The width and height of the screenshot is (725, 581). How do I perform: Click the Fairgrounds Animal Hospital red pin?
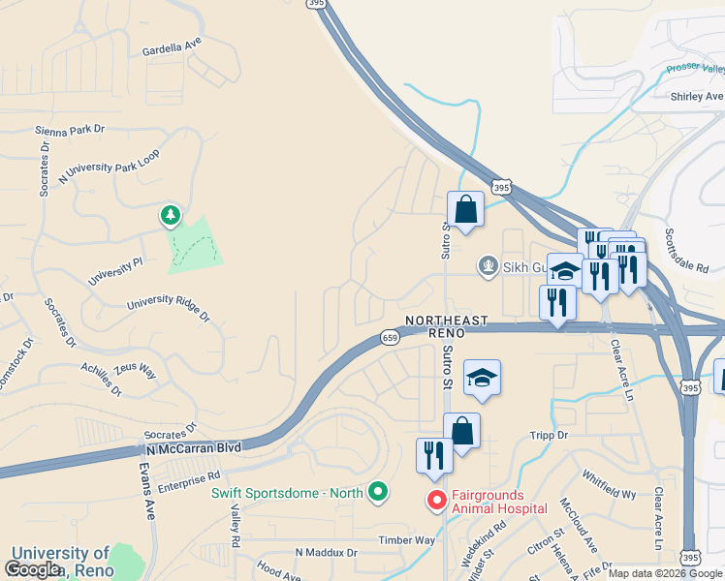[x=437, y=500]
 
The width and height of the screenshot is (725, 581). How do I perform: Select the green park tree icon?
[x=171, y=214]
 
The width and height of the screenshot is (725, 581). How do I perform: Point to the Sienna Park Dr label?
[x=69, y=129]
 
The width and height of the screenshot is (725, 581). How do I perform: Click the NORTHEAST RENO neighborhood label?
[x=447, y=325]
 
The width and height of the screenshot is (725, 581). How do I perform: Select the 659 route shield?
[x=390, y=337]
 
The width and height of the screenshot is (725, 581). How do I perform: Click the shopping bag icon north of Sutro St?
[x=465, y=210]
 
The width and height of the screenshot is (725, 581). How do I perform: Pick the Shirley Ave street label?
[x=697, y=97]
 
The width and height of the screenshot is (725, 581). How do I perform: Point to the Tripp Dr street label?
[x=548, y=436]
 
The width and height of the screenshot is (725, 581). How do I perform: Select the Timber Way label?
[x=407, y=540]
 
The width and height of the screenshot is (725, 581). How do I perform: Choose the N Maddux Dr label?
[x=326, y=553]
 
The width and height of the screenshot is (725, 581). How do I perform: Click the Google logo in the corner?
[x=32, y=569]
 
